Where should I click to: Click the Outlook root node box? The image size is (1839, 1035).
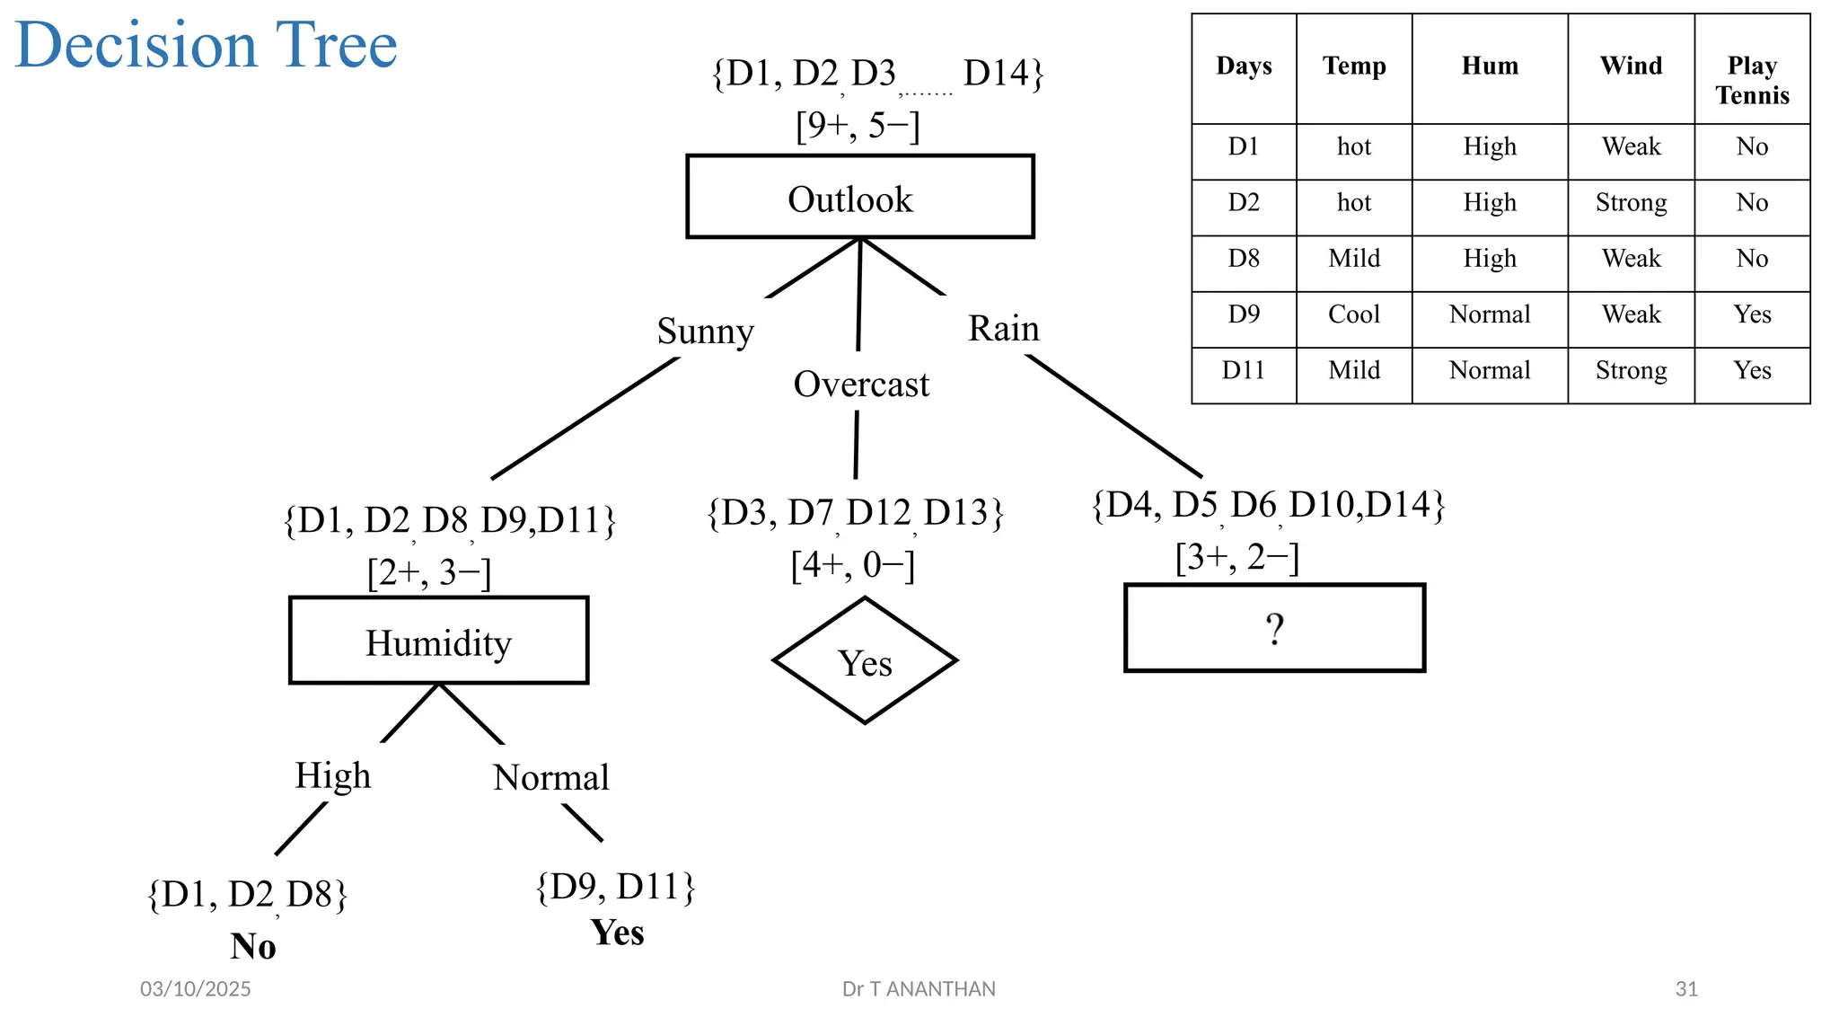859,197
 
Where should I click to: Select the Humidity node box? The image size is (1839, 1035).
438,641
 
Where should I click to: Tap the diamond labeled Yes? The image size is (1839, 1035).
865,662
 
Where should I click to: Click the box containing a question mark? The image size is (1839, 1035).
1274,628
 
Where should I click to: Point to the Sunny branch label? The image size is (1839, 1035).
705,331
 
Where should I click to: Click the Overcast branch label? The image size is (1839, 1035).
861,384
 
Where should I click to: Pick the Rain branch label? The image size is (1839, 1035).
1003,328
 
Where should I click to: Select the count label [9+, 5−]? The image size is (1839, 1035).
858,125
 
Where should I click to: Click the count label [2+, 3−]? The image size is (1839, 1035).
429,572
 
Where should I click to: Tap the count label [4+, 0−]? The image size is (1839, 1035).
852,565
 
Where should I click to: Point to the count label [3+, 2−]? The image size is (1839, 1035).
1236,557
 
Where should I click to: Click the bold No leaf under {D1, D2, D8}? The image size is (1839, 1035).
253,946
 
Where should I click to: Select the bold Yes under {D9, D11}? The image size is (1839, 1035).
617,933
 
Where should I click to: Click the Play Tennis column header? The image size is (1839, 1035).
1751,80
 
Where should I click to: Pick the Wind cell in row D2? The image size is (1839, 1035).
1631,202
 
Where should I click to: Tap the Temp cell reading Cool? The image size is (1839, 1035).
1353,314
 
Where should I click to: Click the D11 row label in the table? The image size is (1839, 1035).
1243,370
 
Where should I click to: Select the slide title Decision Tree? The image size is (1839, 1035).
207,44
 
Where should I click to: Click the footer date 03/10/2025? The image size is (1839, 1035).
195,989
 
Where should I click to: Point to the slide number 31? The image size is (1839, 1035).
1686,989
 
